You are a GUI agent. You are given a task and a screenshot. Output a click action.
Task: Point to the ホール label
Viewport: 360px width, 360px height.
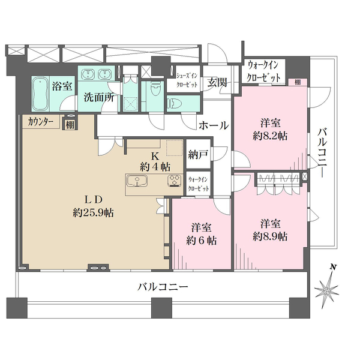[212, 126]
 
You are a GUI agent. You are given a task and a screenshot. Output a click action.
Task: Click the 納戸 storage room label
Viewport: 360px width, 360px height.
[198, 155]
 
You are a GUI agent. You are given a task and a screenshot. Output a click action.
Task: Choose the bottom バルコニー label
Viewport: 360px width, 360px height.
[163, 287]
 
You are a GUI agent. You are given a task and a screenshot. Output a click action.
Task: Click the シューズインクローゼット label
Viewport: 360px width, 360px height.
[187, 80]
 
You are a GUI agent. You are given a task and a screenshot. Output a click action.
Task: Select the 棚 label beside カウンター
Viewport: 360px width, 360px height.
[70, 124]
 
